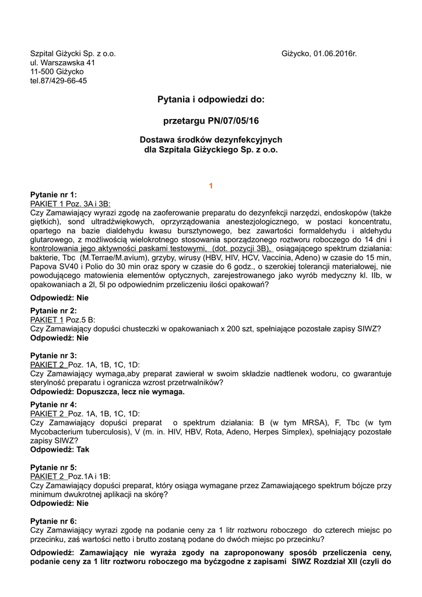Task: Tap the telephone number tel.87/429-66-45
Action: (58, 81)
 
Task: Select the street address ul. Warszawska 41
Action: (62, 62)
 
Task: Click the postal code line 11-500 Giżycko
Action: (57, 72)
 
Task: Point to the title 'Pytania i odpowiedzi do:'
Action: (210, 100)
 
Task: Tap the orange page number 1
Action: (211, 185)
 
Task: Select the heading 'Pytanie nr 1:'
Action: (53, 195)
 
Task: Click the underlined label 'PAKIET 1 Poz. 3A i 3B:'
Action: (70, 203)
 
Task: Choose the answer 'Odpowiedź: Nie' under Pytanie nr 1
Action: (59, 297)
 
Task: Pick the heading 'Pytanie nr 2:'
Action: (53, 311)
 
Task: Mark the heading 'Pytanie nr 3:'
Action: (53, 355)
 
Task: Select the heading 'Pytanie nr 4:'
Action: (53, 404)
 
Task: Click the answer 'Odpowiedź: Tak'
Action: (59, 449)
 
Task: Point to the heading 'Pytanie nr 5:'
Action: (53, 467)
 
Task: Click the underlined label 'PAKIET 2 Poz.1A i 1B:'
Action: (69, 476)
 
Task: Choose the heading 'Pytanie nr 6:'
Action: (53, 521)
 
